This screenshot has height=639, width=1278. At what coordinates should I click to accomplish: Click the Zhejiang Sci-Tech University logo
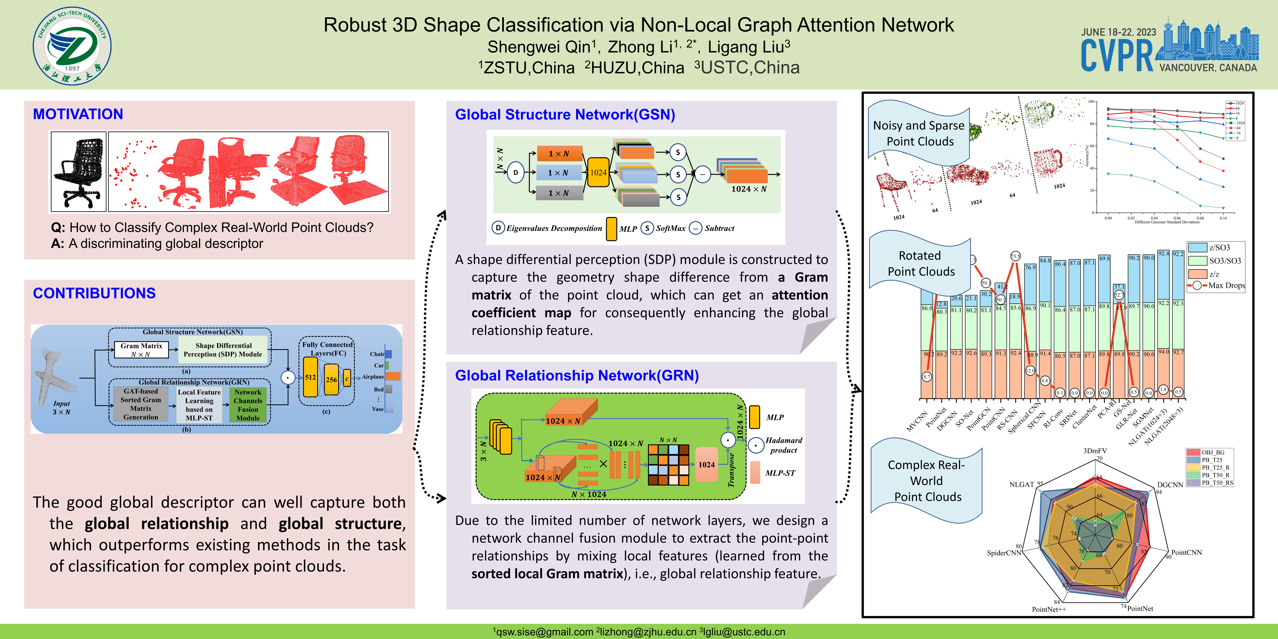(x=72, y=46)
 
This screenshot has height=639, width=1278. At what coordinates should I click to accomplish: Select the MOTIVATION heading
(x=78, y=114)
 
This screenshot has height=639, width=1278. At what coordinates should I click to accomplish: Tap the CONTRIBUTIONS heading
(x=94, y=293)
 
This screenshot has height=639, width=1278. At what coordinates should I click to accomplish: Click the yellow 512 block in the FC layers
(x=311, y=377)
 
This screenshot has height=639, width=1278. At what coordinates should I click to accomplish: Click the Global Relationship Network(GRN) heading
(x=577, y=376)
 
